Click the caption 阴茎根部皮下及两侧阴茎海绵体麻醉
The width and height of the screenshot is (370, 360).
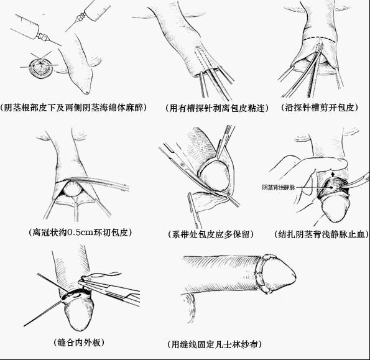tap(73, 108)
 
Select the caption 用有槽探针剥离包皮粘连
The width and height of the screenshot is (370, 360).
tap(217, 108)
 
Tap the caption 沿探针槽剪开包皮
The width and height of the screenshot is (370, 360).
tap(320, 108)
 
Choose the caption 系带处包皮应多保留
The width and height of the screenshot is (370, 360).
tap(211, 234)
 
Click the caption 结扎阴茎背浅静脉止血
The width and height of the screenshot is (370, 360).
tap(321, 234)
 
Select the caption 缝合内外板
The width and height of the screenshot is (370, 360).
tap(79, 343)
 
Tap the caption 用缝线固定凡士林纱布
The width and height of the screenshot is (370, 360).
tap(215, 344)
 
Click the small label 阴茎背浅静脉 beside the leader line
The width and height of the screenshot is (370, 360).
tap(279, 187)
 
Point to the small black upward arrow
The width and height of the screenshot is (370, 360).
tap(333, 174)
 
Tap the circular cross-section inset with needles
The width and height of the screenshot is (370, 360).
tap(40, 67)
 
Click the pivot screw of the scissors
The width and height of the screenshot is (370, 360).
tap(182, 164)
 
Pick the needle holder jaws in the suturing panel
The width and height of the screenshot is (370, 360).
tap(95, 282)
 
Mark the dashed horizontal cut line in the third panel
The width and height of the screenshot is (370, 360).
tap(320, 39)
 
